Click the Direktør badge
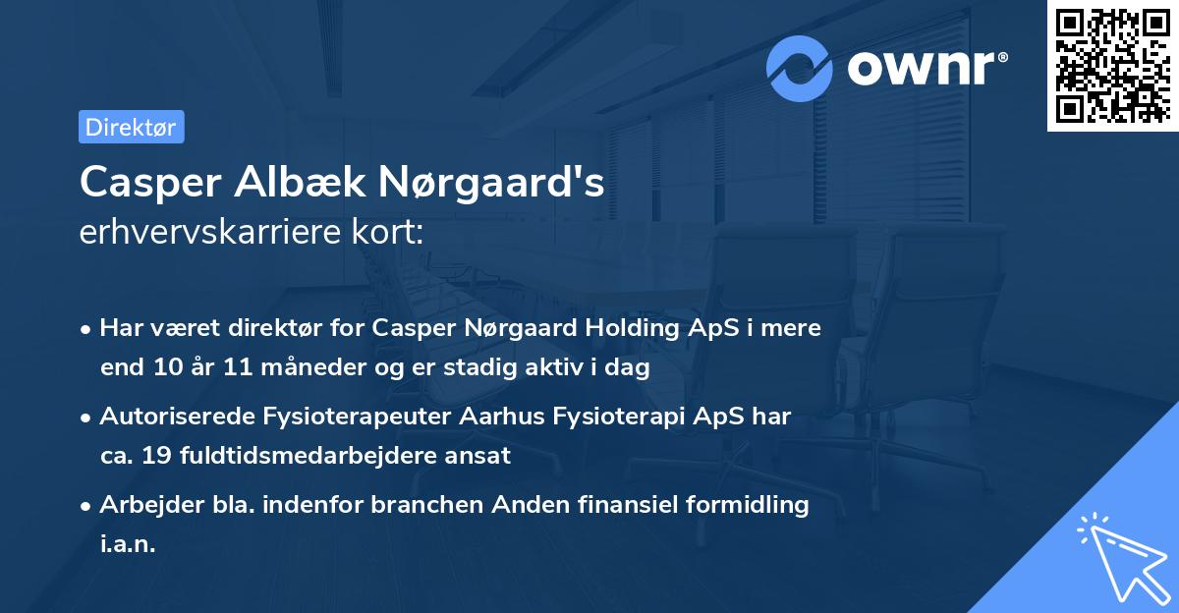(131, 128)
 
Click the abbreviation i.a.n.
(128, 544)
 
